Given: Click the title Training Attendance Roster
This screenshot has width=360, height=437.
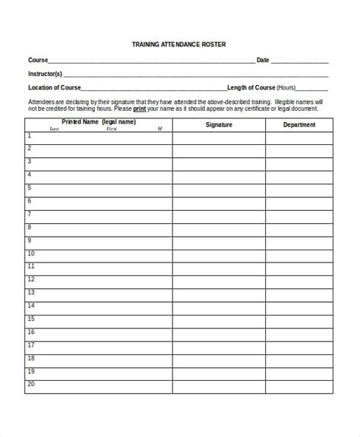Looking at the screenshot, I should (179, 45).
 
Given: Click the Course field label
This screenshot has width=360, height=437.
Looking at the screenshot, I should (38, 59).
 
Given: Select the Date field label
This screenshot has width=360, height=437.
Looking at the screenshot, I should (263, 59).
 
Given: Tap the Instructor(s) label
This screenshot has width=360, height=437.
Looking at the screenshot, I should (45, 74).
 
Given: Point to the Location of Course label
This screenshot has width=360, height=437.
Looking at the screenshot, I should (54, 87).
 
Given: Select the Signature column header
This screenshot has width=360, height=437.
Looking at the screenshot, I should (219, 124).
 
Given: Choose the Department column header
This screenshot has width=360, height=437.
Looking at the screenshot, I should (299, 124).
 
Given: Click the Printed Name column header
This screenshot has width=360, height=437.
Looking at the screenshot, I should (99, 121).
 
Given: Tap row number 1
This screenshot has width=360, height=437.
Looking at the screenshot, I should (30, 136).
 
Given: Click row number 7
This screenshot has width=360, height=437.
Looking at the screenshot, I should (30, 214).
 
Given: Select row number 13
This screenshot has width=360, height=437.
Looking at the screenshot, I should (31, 293).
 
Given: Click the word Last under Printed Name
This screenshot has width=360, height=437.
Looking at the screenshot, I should (54, 129).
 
